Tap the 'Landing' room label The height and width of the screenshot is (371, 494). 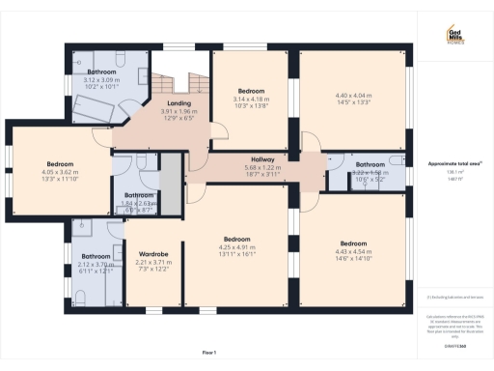tap(178, 102)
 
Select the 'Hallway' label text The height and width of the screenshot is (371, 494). tap(263, 158)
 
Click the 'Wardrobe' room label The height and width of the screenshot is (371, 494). tap(154, 254)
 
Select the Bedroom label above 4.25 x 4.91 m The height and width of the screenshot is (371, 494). tap(237, 239)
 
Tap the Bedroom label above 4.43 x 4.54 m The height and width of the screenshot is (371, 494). tap(353, 243)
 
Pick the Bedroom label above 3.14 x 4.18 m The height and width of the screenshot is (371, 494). tap(250, 91)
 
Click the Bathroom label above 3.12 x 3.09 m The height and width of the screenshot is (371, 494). tap(101, 72)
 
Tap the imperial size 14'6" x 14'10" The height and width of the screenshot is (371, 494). tap(353, 258)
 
